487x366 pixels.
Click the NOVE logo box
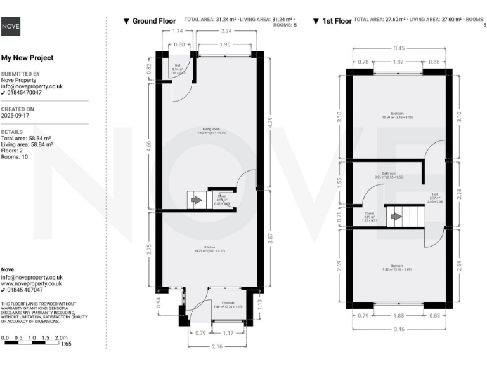(x=10, y=26)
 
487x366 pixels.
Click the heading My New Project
(x=27, y=58)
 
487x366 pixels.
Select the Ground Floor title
(x=153, y=21)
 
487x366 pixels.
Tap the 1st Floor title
(x=336, y=21)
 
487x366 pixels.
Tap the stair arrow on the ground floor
(x=197, y=200)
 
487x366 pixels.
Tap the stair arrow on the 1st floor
(x=396, y=216)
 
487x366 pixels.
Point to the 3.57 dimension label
(x=270, y=239)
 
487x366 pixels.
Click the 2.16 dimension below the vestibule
(x=218, y=346)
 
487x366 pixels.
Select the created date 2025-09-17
(x=16, y=116)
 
